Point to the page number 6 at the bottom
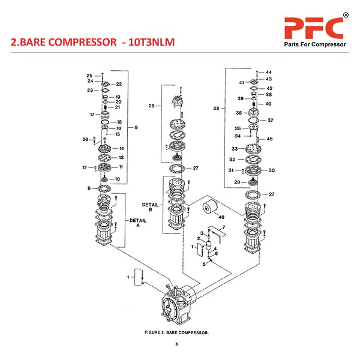coord(177,344)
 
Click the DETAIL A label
coord(138,223)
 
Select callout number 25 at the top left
coord(89,76)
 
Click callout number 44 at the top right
coord(269,72)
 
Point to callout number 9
coord(137,127)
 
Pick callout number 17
coord(92,114)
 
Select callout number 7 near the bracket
coord(223,227)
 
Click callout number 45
coord(269,139)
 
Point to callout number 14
coord(121,148)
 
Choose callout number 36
coord(238,113)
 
